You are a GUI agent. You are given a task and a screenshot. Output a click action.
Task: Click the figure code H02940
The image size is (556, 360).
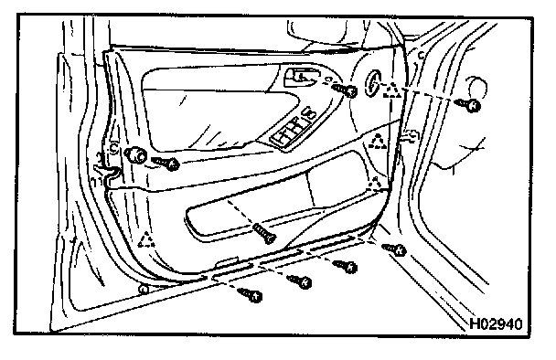[x=496, y=323]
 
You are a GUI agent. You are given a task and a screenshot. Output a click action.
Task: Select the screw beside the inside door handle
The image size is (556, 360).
[x=345, y=90]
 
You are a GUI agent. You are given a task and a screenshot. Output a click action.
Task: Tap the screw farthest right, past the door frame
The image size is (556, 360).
[x=468, y=104]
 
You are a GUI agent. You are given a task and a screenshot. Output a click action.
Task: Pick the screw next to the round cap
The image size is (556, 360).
[x=166, y=163]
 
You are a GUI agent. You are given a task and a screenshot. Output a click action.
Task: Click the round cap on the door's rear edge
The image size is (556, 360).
[x=135, y=154]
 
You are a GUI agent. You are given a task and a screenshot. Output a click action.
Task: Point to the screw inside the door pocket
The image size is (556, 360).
[x=265, y=234]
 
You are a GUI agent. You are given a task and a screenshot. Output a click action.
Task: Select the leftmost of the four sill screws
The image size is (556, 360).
[x=251, y=295]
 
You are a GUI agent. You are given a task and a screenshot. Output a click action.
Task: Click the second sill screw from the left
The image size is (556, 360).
[x=300, y=281]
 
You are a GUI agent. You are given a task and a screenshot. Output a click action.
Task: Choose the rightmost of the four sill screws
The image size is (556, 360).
[x=395, y=249]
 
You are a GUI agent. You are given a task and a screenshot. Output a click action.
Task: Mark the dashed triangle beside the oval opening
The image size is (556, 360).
[x=392, y=90]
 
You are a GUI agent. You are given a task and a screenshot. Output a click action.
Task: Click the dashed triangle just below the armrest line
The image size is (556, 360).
[x=378, y=142]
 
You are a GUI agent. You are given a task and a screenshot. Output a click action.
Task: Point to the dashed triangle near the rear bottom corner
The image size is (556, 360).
[x=145, y=240]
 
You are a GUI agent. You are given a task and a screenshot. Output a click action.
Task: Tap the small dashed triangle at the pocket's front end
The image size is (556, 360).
[x=374, y=184]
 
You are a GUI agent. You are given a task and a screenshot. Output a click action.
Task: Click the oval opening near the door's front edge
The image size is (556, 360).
[x=372, y=83]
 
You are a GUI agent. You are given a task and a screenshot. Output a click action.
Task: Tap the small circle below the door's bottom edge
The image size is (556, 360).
[x=144, y=290]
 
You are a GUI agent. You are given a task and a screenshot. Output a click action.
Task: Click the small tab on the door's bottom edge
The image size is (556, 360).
[x=227, y=262]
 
